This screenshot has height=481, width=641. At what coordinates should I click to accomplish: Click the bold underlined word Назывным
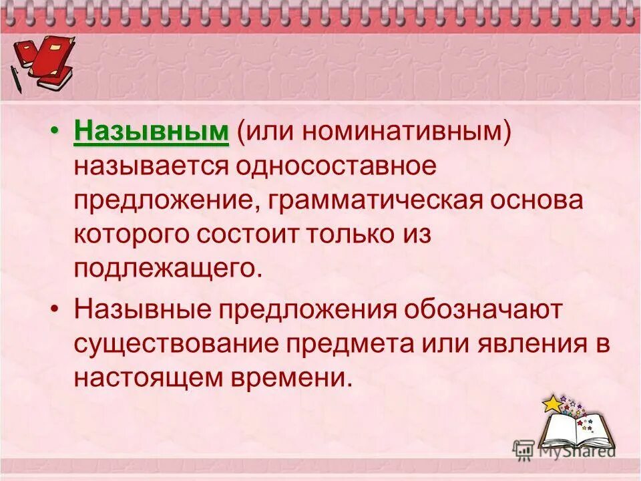coord(152,132)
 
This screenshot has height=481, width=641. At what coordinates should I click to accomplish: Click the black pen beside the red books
coord(16,78)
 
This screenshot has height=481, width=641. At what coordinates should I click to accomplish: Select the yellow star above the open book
coord(552,404)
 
